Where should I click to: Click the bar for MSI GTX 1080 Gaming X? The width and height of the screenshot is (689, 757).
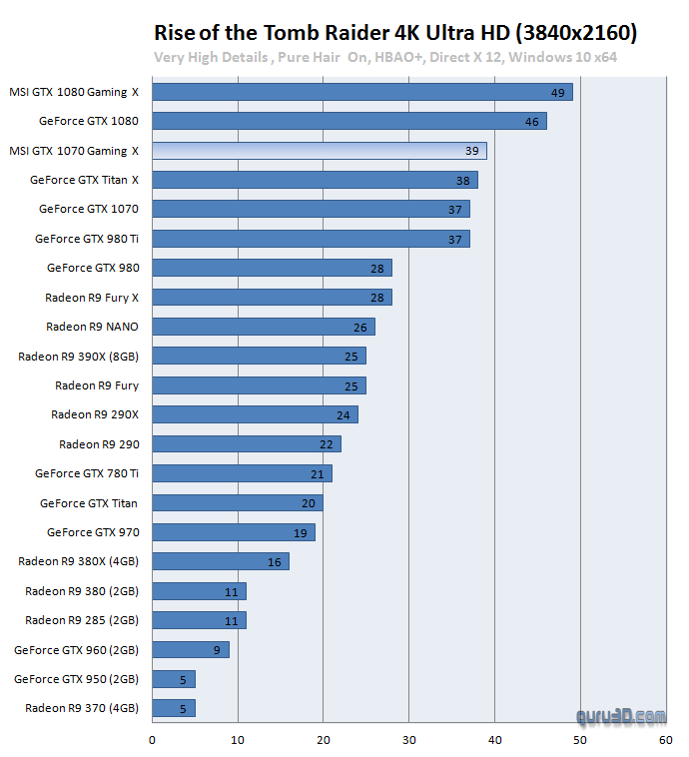coord(361,92)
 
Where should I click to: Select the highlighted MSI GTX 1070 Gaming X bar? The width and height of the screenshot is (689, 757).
coord(319,151)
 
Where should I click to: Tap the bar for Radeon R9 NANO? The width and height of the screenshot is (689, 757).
coord(263,327)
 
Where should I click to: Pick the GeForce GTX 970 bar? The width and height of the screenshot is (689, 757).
coord(233,532)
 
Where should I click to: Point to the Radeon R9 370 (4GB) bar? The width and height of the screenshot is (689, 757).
coord(173,708)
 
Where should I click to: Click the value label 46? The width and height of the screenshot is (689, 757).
coord(531,122)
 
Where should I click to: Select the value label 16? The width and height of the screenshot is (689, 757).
coord(274,562)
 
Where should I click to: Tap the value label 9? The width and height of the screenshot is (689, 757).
coord(218,650)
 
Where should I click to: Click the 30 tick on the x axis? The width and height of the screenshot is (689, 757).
coord(409,740)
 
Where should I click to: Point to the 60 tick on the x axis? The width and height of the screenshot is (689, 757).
coord(666,740)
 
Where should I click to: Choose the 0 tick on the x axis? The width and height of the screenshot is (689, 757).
coord(152,740)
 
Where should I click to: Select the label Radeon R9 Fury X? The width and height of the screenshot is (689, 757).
coord(92,298)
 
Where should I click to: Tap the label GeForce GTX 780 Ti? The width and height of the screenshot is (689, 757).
coord(87,473)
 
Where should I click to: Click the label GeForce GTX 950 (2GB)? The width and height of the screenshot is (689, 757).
coord(76,679)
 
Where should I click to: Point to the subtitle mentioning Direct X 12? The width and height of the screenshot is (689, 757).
coord(385,57)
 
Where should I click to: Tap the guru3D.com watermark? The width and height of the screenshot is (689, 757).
coord(620,715)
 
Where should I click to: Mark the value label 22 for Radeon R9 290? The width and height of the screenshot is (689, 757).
coord(326,444)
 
